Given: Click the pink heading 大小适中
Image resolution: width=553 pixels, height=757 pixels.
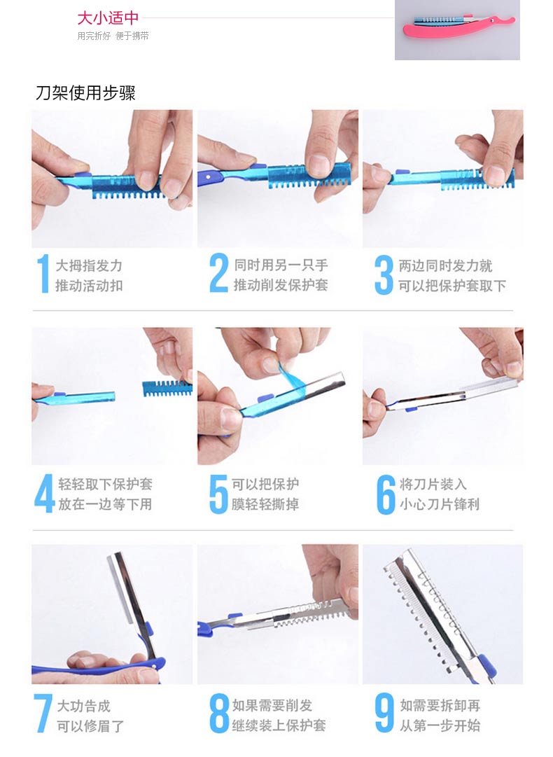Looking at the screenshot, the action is (108, 18).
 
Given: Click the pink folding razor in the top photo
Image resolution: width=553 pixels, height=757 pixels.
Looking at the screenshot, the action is (458, 27).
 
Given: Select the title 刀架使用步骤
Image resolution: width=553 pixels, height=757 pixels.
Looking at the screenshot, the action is (86, 92).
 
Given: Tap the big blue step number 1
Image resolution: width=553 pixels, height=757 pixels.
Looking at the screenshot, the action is (43, 274).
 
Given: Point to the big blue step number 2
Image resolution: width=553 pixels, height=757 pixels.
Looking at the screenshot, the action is (218, 273).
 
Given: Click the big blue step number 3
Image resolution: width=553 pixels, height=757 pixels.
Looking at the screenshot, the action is (384, 275).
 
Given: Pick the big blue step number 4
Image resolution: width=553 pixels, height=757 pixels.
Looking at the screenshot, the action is (44, 493).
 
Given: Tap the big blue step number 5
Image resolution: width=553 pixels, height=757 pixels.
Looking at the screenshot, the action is (218, 494).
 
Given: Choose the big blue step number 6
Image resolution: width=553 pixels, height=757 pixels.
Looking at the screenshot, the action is (386, 494).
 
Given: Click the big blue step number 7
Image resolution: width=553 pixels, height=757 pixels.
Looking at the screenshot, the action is (43, 714).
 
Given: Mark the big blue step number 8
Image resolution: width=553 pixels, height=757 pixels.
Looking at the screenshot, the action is (219, 713).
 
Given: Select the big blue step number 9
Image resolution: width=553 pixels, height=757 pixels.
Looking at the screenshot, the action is (384, 713).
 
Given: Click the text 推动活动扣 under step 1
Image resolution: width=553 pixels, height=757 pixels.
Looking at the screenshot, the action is (90, 286).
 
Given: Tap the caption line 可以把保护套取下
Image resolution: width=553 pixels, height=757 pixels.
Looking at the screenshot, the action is (452, 286).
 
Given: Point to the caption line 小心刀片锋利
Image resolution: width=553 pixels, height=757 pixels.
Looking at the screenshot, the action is (440, 504).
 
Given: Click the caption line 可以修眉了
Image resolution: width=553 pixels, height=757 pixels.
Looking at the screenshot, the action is (91, 726).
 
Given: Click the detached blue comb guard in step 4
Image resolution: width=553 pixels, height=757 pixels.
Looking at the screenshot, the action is (167, 388).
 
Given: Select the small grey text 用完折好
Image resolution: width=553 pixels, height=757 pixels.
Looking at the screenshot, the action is (94, 36).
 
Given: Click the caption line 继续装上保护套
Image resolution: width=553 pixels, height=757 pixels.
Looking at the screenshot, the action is (279, 725).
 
